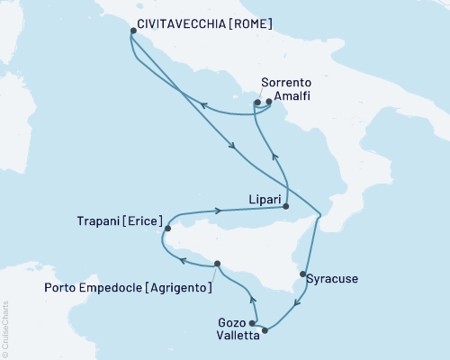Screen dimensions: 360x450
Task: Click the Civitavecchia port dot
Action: (132, 31)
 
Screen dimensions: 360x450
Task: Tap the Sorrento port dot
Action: (257, 103)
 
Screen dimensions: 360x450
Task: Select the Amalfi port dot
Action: (269, 103)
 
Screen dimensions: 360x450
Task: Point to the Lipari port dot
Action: (287, 206)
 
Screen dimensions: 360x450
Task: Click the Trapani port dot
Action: (167, 229)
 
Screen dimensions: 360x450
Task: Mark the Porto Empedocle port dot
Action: (217, 264)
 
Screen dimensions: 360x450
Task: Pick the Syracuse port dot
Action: (303, 274)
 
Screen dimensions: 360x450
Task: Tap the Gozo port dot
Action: (253, 323)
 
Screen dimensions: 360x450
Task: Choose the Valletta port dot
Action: (264, 330)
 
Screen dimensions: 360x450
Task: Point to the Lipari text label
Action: (263, 193)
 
